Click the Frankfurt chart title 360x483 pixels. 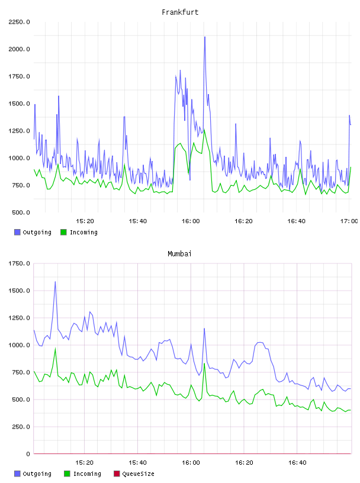[x=180, y=12]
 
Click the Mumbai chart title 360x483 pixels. [x=179, y=253]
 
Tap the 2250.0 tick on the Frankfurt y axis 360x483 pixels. [x=19, y=22]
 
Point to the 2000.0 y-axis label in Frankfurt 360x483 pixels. [x=19, y=49]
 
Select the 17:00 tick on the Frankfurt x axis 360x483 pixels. [x=349, y=221]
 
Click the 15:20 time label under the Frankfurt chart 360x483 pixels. [x=85, y=221]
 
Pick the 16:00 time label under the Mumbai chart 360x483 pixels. [x=191, y=462]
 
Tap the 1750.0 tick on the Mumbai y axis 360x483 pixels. [x=19, y=263]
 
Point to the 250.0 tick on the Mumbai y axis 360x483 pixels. [x=21, y=427]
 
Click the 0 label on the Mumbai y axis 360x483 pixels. [x=28, y=454]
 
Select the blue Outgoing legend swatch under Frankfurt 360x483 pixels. [x=17, y=232]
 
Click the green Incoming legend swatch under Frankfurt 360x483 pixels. [x=63, y=232]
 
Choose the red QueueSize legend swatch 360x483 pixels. [x=117, y=474]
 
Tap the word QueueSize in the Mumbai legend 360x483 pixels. [x=139, y=474]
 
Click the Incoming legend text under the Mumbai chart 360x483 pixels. [x=87, y=474]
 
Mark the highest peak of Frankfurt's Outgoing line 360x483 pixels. [x=205, y=37]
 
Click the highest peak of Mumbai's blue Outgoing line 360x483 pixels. [x=55, y=282]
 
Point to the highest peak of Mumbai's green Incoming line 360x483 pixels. [x=56, y=349]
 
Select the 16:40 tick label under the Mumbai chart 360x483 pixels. [x=297, y=462]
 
